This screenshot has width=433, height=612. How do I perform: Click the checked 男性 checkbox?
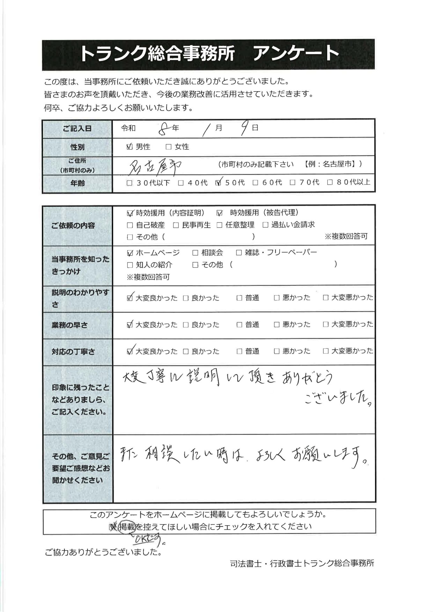[129, 147]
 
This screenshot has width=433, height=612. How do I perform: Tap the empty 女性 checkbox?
[169, 147]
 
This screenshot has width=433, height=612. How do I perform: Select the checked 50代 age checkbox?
[219, 183]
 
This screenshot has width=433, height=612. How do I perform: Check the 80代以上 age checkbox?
[330, 183]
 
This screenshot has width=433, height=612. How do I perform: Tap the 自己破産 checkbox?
[129, 225]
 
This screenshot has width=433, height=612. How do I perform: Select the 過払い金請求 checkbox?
[265, 225]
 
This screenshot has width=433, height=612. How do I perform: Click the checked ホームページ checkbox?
[129, 253]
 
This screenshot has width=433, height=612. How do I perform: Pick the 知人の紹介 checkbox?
[129, 265]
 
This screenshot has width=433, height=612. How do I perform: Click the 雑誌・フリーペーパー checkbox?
[239, 253]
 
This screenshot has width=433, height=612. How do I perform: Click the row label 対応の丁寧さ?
[73, 352]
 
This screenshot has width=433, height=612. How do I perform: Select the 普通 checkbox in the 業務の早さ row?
[239, 325]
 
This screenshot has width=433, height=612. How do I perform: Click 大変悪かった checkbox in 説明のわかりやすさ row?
[325, 298]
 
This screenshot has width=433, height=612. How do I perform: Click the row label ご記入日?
[77, 128]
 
